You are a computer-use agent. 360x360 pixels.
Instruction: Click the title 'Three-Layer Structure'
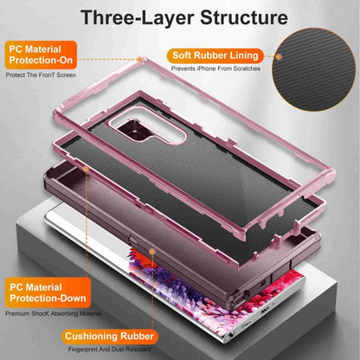click(x=184, y=17)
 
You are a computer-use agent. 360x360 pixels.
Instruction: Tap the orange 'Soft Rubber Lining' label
click(x=215, y=55)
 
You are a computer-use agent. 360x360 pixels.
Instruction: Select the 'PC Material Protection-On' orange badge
click(x=41, y=55)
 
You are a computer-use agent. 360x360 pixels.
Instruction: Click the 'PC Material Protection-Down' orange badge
click(x=48, y=292)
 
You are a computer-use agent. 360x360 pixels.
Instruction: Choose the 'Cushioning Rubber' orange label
click(x=109, y=337)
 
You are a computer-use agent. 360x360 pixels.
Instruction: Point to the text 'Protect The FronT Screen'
click(x=41, y=75)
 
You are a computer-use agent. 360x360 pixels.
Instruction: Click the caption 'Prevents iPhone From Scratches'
click(x=215, y=68)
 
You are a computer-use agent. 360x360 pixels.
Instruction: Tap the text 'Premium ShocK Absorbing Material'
click(x=54, y=313)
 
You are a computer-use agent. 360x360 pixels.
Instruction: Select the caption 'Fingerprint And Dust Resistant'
click(x=110, y=350)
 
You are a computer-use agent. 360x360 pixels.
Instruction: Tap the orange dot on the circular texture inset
click(x=279, y=56)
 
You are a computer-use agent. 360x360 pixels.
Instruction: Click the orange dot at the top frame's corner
click(x=139, y=60)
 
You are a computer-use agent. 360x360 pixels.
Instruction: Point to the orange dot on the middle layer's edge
click(x=86, y=169)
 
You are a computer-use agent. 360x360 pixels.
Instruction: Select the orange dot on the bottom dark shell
click(x=152, y=252)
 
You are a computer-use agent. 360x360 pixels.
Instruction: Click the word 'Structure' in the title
click(x=244, y=17)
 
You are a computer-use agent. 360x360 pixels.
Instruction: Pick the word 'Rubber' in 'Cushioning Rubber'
click(x=137, y=337)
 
